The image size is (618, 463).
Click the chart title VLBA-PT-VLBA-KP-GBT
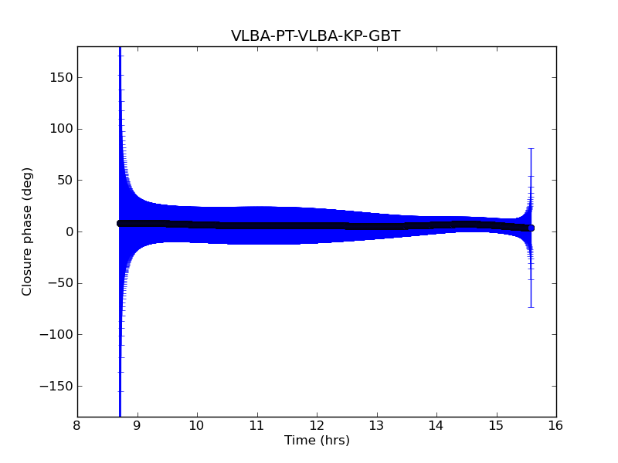click(315, 36)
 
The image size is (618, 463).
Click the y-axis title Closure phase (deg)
click(28, 231)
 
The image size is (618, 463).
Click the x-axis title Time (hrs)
click(317, 441)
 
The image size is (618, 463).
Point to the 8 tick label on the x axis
click(77, 425)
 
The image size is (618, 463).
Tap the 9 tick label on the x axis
click(138, 425)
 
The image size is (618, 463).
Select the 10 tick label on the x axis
click(197, 425)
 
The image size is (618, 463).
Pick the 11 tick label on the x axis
click(256, 425)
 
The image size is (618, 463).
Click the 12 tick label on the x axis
click(317, 425)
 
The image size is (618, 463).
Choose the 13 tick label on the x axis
click(376, 425)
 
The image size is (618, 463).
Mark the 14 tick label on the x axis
click(436, 425)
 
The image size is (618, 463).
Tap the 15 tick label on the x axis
click(496, 425)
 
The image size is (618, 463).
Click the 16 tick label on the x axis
click(556, 425)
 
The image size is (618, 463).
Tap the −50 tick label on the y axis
click(59, 283)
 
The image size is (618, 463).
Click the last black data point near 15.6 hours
click(531, 228)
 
